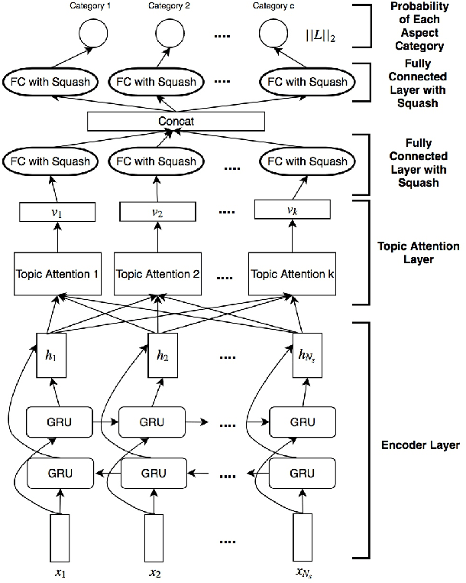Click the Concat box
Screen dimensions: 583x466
pos(176,121)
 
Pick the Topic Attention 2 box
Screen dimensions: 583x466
pos(157,274)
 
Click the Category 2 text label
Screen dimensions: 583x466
pos(170,6)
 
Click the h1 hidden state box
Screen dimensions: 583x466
pos(47,355)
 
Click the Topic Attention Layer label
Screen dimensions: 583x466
pos(419,252)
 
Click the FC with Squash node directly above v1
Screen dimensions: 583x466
pos(50,161)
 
